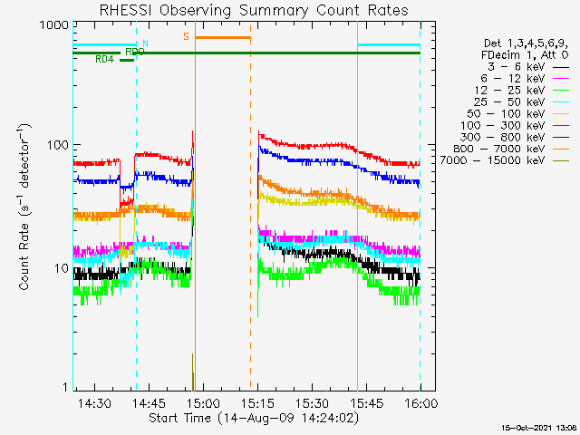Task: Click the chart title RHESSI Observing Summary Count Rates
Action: pyautogui.click(x=253, y=11)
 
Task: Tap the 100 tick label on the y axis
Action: pyautogui.click(x=56, y=145)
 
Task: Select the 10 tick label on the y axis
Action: pyautogui.click(x=60, y=268)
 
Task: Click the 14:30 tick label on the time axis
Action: pyautogui.click(x=94, y=402)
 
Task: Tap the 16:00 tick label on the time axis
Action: pyautogui.click(x=420, y=402)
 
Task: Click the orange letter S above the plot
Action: pyautogui.click(x=187, y=36)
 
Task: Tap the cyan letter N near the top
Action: pyautogui.click(x=145, y=43)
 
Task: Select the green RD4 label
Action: pyautogui.click(x=105, y=60)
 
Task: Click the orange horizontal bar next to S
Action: pyautogui.click(x=223, y=37)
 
